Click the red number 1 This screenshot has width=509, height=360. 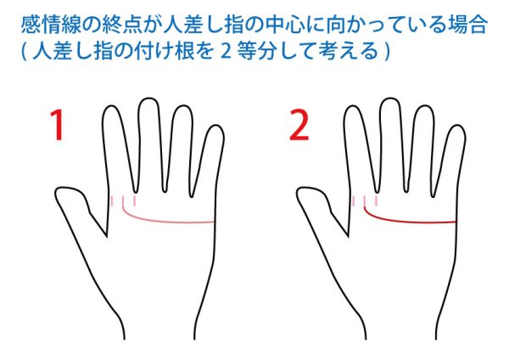(57, 125)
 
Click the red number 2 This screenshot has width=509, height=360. (299, 125)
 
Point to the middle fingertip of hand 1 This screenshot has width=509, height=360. (148, 98)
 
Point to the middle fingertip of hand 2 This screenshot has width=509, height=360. (390, 98)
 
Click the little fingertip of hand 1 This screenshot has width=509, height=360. (215, 126)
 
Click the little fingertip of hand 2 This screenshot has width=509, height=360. (457, 126)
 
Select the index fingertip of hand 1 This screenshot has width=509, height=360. (111, 107)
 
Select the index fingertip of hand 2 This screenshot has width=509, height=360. (353, 107)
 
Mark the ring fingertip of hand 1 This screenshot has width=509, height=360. (182, 107)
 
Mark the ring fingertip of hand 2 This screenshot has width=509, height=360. (424, 107)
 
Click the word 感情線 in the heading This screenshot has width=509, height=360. (51, 25)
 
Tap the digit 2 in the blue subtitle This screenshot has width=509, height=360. (226, 51)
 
